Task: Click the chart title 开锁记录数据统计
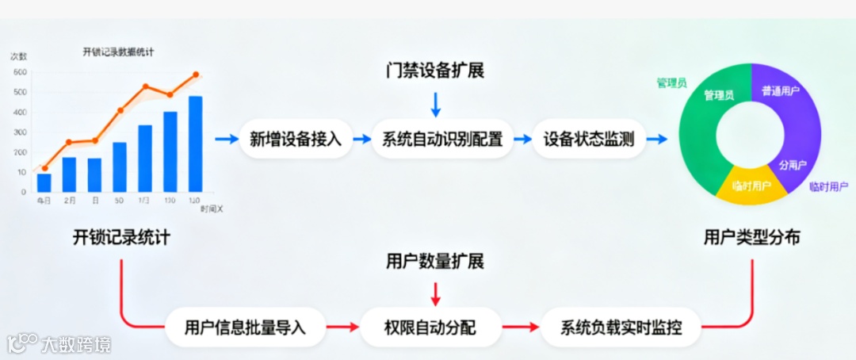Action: [x=118, y=52]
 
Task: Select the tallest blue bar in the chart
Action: [x=195, y=144]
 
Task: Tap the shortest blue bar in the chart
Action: [x=44, y=182]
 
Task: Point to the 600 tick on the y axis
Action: [x=19, y=72]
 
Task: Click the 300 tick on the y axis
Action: [x=19, y=132]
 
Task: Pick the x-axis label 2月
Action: [x=70, y=201]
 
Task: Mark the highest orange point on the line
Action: [x=195, y=75]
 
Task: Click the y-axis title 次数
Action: [x=18, y=56]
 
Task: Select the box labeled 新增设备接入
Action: [x=296, y=140]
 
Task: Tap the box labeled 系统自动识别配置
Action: [x=442, y=140]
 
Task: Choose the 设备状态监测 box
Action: [x=588, y=140]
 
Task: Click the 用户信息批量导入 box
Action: [x=245, y=327]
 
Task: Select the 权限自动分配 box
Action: [x=430, y=327]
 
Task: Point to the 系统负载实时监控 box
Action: [x=621, y=327]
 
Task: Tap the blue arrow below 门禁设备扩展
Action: [x=434, y=104]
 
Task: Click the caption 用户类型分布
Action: [x=751, y=237]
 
